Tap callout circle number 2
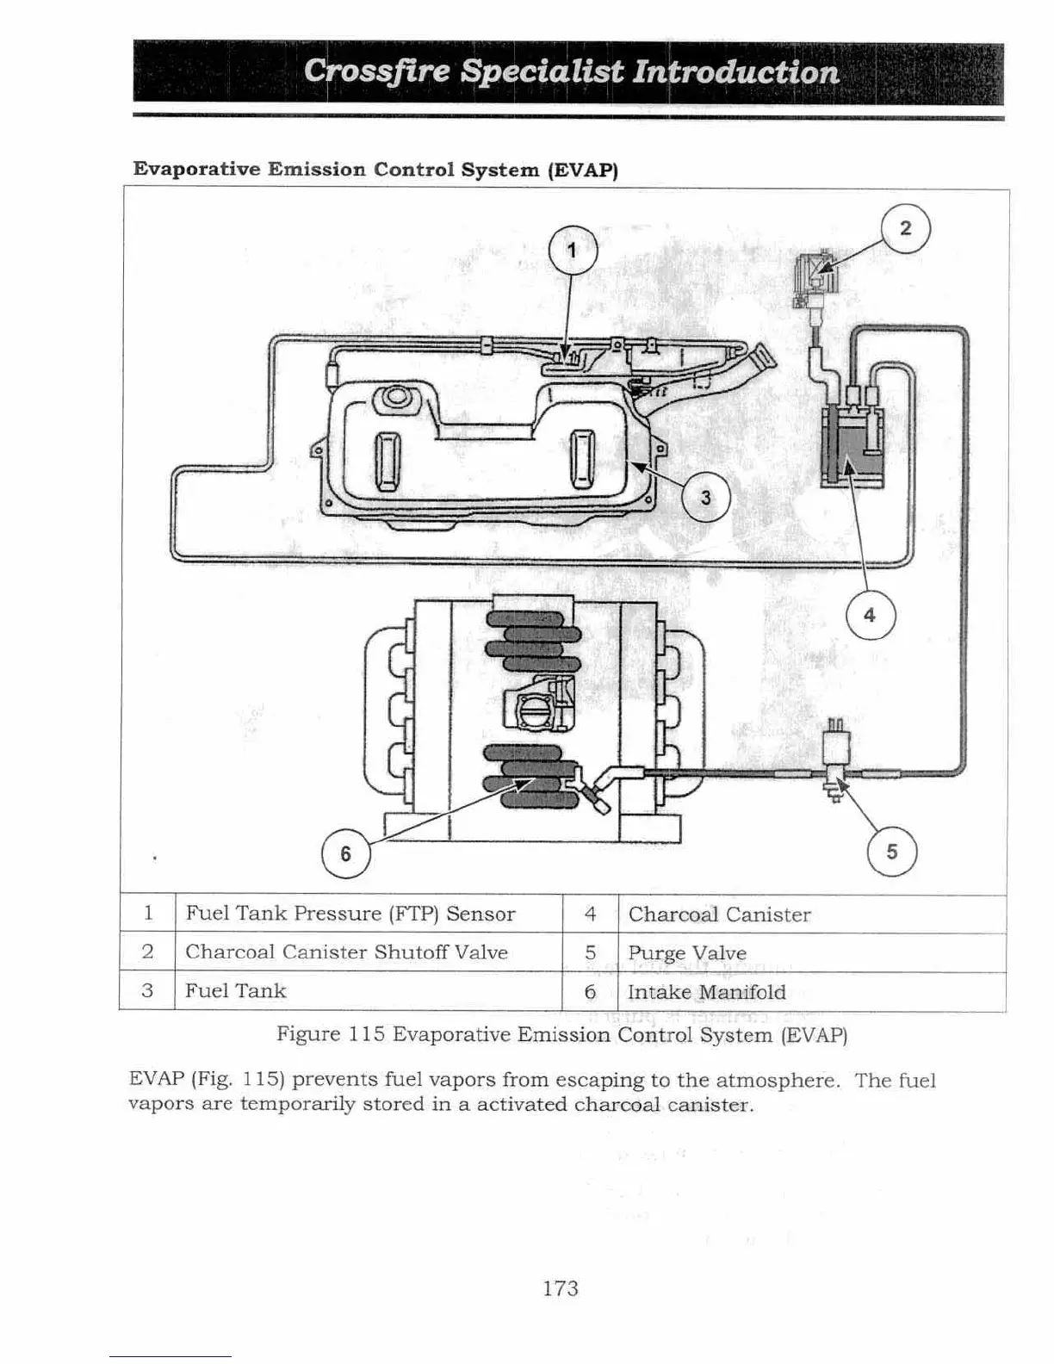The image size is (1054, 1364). (x=905, y=229)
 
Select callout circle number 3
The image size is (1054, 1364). (x=706, y=498)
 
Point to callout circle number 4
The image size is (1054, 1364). (x=870, y=615)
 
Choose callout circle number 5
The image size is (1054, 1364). (x=892, y=852)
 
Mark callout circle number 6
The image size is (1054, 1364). (x=345, y=853)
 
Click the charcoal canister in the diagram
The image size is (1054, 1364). (x=852, y=448)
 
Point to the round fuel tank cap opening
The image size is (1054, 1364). (x=395, y=398)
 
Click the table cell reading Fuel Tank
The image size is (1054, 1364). (x=235, y=991)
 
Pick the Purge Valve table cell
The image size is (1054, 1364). (x=686, y=953)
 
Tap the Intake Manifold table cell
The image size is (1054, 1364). (x=706, y=992)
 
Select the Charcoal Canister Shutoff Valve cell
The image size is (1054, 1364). (x=346, y=952)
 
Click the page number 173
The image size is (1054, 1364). (x=561, y=1288)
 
